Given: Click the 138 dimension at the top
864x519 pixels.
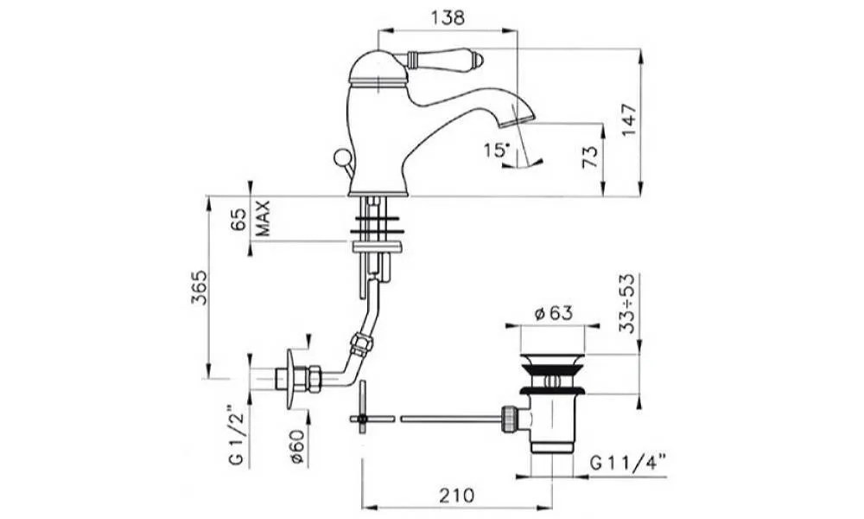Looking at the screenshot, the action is (448, 17).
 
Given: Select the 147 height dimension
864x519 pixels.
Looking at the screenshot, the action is (629, 119).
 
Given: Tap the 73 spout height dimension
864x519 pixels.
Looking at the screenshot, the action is (589, 157).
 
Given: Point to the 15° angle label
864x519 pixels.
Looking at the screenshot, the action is (497, 150).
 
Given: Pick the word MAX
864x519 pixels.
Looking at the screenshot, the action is (264, 218).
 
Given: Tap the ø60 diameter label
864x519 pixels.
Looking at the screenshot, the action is (296, 445).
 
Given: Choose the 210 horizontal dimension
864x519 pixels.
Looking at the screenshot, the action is (456, 495).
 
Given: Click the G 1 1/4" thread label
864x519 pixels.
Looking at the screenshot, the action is (628, 461).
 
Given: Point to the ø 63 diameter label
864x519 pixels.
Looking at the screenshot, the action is (554, 313).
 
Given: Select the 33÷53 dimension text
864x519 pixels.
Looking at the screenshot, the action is (627, 303).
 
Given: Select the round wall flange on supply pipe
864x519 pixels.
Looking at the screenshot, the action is (293, 379).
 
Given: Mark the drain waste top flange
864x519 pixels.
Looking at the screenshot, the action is (553, 360).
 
